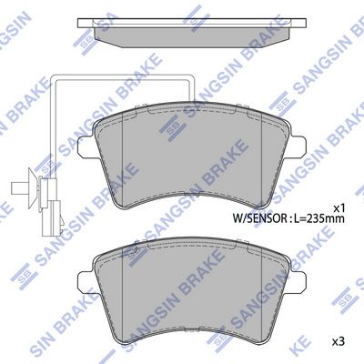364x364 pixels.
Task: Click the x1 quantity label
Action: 339,208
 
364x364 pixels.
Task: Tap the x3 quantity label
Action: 339,342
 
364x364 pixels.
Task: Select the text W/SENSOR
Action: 260,218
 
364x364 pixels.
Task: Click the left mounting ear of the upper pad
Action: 86,147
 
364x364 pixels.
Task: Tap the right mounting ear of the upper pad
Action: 297,147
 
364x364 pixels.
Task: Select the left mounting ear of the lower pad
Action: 86,282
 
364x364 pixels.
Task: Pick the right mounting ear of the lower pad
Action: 297,282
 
